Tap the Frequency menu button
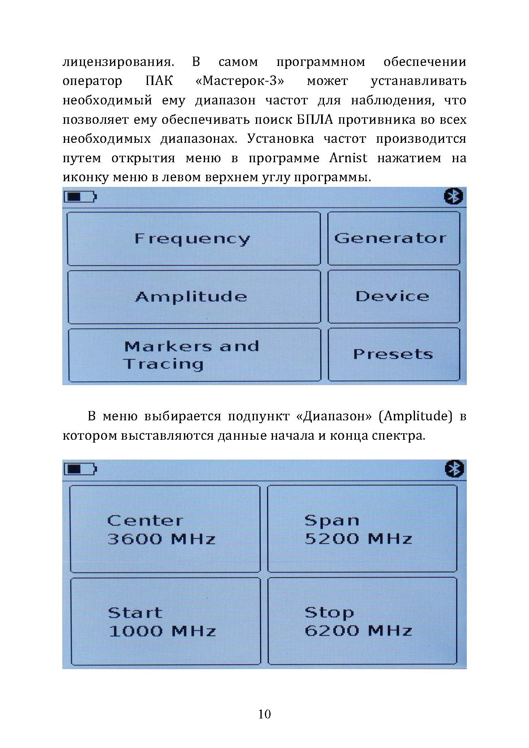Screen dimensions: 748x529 click(x=193, y=239)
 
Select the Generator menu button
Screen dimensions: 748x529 click(x=393, y=238)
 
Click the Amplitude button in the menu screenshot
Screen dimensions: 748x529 click(x=193, y=297)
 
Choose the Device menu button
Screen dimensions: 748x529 click(x=393, y=297)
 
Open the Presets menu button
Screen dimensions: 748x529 click(x=393, y=355)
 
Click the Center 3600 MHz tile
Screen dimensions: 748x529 click(x=165, y=529)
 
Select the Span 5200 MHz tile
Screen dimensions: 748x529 click(x=362, y=529)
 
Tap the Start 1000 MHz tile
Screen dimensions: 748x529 click(x=165, y=621)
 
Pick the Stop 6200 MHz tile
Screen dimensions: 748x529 click(x=362, y=621)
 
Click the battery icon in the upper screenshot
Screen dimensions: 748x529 click(x=80, y=197)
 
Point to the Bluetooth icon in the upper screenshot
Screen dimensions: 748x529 click(x=453, y=197)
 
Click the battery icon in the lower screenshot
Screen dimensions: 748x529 click(x=80, y=469)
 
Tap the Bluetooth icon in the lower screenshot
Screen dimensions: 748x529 click(x=454, y=469)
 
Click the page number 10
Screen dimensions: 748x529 click(x=264, y=715)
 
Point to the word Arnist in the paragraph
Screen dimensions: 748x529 click(x=348, y=158)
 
